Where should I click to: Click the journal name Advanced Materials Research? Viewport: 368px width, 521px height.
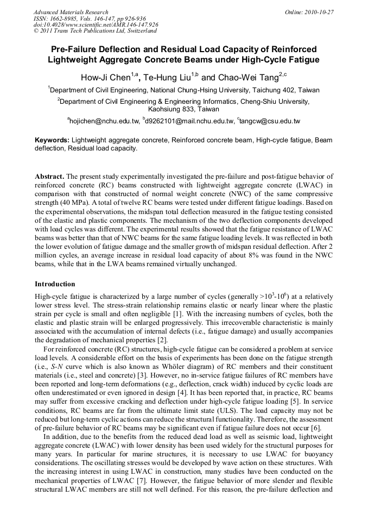(71, 12)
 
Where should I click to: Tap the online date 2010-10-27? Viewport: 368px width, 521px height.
(319, 12)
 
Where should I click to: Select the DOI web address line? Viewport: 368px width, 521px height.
(96, 24)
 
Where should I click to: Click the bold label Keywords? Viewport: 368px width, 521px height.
(52, 140)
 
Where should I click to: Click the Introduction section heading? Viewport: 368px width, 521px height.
(55, 284)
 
